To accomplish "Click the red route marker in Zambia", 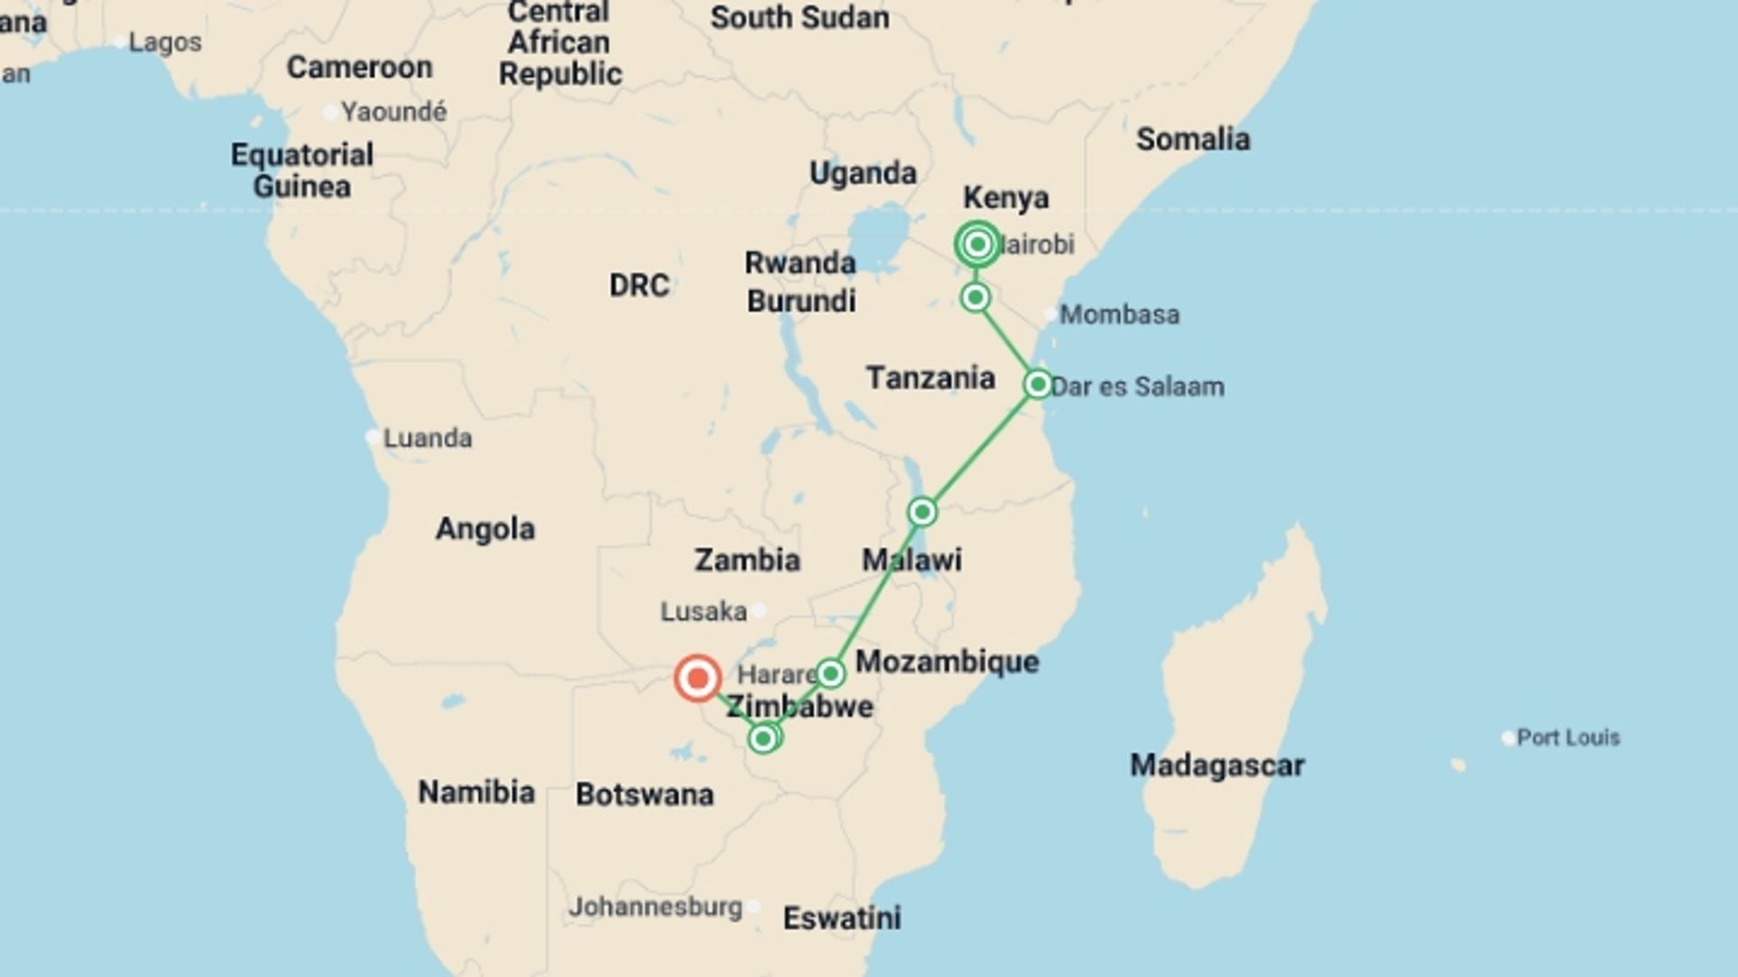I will tap(697, 678).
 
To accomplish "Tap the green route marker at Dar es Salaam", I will tap(1037, 384).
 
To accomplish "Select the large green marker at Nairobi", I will tap(977, 244).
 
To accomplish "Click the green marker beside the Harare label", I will tap(830, 673).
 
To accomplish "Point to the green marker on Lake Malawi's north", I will tap(922, 512).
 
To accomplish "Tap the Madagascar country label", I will tap(1217, 765).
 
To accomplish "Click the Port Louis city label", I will tap(1568, 737).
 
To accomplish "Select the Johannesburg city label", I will tap(655, 906).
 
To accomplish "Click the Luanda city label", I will tap(427, 438).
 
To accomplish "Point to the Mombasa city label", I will tap(1120, 315).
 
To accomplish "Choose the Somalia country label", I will tap(1193, 139).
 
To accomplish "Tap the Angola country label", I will tap(485, 528).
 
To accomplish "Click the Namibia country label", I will tap(476, 792).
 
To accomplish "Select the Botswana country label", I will tap(645, 794).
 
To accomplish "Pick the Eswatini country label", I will tap(842, 918).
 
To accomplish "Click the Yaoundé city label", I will tap(394, 112).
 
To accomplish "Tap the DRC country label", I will tap(639, 286).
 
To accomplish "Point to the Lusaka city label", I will tap(703, 612).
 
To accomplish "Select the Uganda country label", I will tap(863, 173).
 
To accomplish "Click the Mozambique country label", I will tap(947, 661).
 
